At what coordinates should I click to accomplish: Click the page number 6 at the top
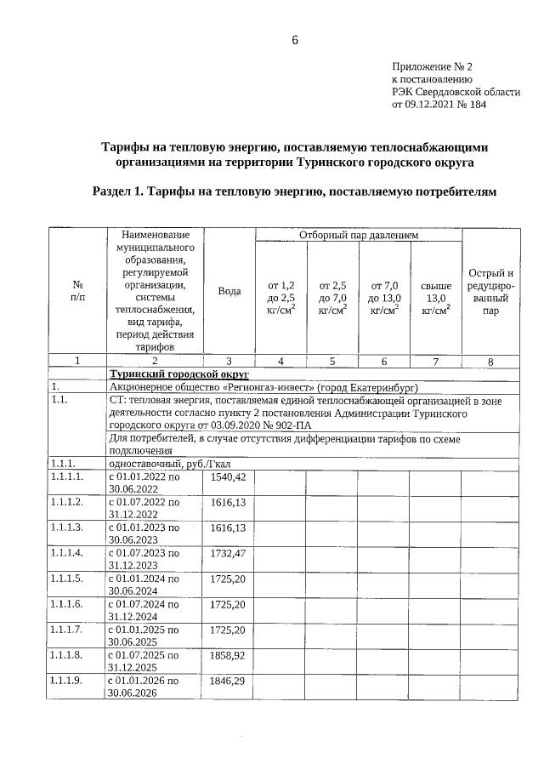[294, 41]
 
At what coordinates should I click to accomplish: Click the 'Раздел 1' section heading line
[293, 192]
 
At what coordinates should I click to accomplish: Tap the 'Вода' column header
[229, 291]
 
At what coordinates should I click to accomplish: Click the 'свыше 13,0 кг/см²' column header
[435, 299]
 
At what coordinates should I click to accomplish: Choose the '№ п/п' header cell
[76, 292]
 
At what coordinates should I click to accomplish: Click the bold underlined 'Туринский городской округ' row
[178, 374]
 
